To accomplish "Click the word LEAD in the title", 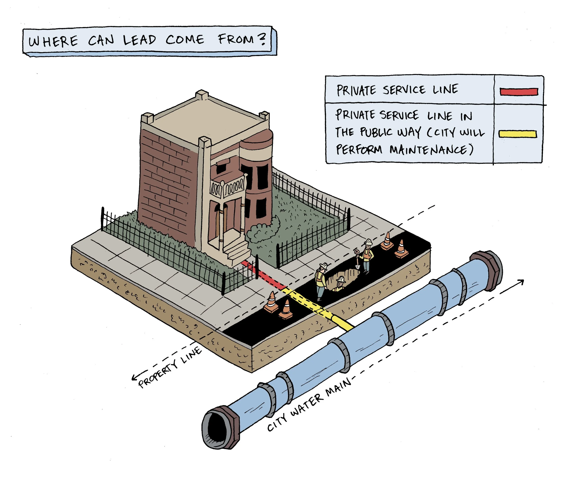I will click(x=139, y=40).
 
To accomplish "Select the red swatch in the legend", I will click(x=519, y=92).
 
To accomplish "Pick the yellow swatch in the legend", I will click(x=518, y=134).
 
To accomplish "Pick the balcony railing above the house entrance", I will click(x=227, y=187).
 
